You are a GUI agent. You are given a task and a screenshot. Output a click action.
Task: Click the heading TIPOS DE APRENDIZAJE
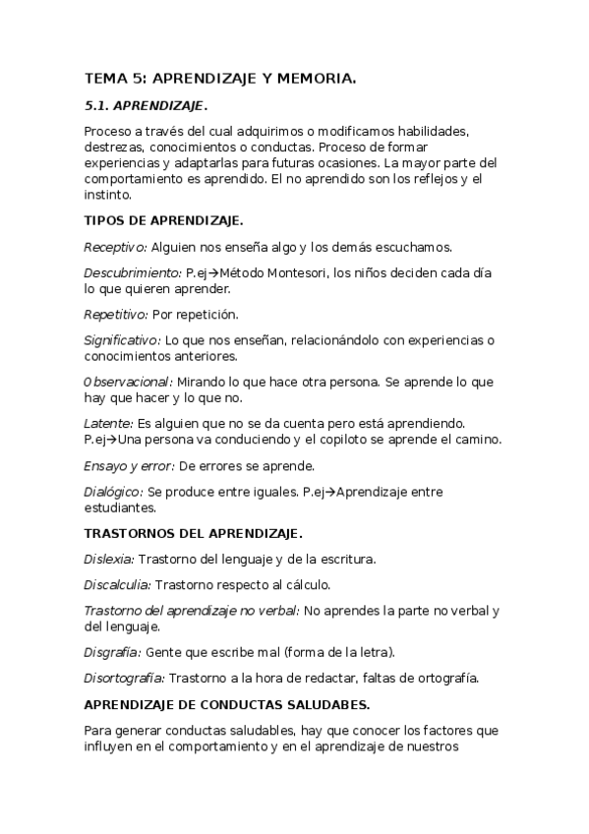[164, 221]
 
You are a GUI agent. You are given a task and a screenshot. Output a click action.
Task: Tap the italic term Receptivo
[115, 248]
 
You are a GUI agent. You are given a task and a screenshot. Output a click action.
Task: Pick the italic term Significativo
[123, 341]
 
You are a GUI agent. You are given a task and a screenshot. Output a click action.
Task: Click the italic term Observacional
[128, 382]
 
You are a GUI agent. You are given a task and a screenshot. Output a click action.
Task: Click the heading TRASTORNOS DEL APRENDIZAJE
[193, 533]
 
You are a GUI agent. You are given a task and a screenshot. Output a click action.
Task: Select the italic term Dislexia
[109, 560]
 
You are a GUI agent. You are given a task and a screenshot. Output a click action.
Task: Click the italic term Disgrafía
[112, 651]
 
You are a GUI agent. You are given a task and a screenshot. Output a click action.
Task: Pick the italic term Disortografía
[124, 678]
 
